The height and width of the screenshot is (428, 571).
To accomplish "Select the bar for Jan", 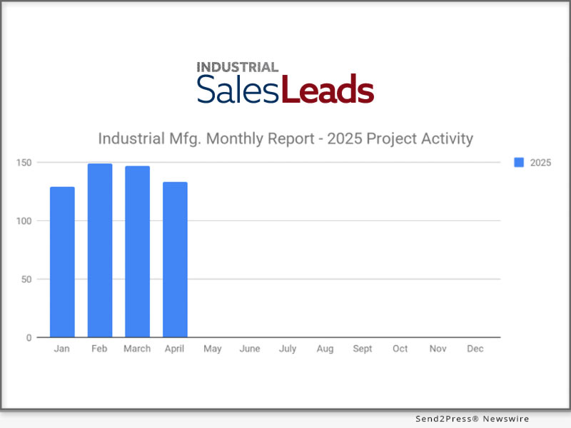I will pos(62,262).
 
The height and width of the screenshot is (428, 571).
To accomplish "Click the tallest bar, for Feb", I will pos(100,250).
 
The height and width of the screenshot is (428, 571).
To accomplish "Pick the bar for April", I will pos(175,260).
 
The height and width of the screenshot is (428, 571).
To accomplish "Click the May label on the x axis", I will pos(213,349).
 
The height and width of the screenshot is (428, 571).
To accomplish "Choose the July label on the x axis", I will pos(288,349).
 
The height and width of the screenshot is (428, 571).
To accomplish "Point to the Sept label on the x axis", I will pos(363,349).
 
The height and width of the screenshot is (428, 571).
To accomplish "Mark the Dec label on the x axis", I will pos(475,349).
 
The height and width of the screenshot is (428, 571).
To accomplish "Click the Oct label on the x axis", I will pos(400,349).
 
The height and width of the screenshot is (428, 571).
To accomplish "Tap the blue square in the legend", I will pos(520,163).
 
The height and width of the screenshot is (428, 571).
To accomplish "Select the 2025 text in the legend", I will pos(540,163).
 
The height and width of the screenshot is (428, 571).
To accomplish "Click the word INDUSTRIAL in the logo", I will pos(238,67).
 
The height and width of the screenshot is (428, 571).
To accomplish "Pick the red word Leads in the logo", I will pos(328,91).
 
